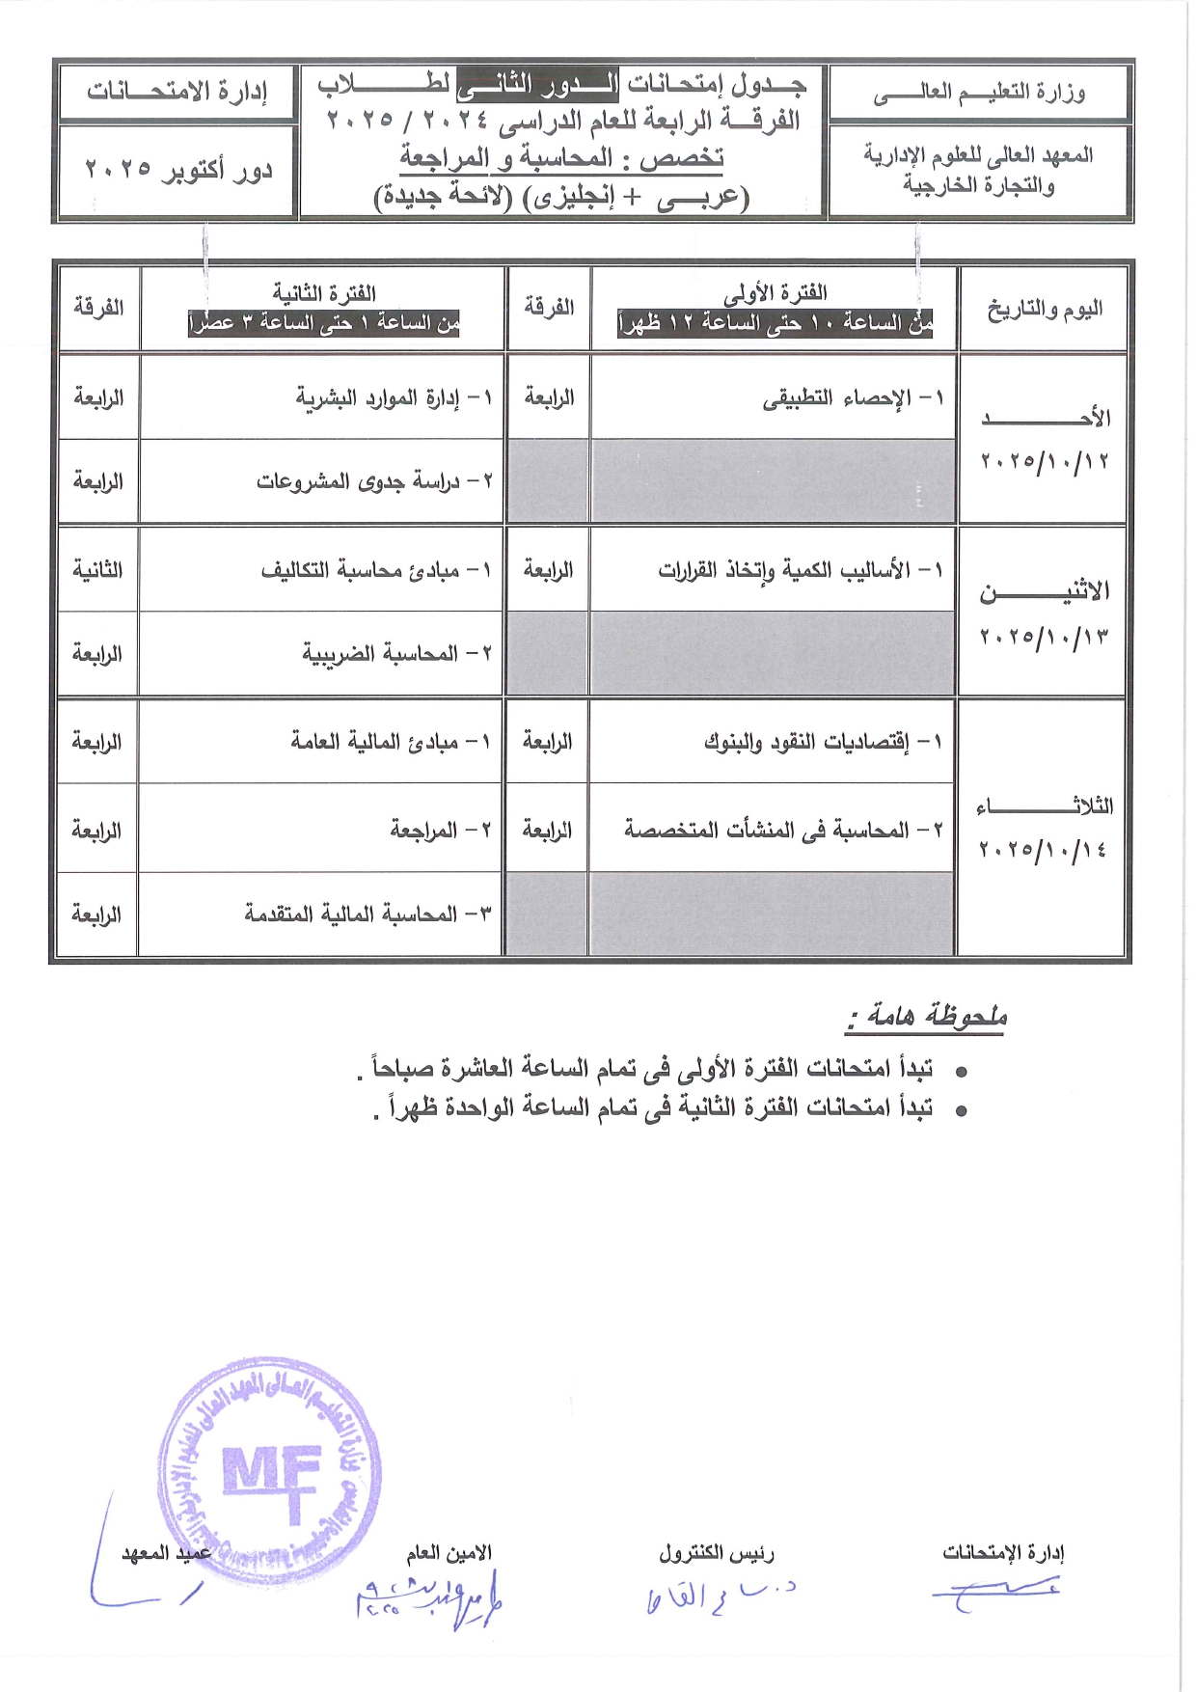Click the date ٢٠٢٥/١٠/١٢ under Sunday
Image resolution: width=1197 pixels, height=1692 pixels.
pyautogui.click(x=1045, y=460)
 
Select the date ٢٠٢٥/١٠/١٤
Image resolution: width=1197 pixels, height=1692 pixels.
pyautogui.click(x=1043, y=849)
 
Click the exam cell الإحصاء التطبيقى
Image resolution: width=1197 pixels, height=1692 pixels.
pyautogui.click(x=854, y=397)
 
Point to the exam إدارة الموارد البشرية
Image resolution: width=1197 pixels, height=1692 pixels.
pyautogui.click(x=394, y=397)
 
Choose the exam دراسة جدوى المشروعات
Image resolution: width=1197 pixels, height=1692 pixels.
pyautogui.click(x=374, y=480)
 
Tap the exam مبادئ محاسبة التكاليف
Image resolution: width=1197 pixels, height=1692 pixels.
pyautogui.click(x=376, y=570)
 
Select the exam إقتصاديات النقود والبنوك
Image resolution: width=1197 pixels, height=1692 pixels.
pyautogui.click(x=822, y=742)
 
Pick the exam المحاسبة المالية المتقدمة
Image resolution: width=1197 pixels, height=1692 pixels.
pyautogui.click(x=367, y=914)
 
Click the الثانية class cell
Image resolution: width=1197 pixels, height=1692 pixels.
pyautogui.click(x=97, y=570)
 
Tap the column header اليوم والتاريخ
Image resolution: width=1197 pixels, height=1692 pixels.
pyautogui.click(x=1044, y=309)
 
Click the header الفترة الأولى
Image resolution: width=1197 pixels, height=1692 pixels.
pyautogui.click(x=775, y=292)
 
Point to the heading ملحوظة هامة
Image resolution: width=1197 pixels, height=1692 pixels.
pyautogui.click(x=927, y=1016)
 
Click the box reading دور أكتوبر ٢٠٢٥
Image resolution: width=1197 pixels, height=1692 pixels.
pyautogui.click(x=178, y=171)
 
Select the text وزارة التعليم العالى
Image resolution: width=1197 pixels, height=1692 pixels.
pyautogui.click(x=979, y=93)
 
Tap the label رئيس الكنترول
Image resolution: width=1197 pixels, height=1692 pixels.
pyautogui.click(x=717, y=1552)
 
